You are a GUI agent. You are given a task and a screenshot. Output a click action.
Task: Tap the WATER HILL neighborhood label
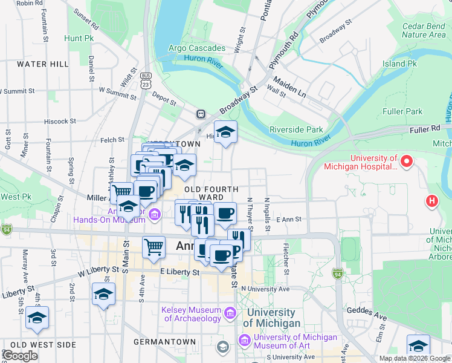click(43, 64)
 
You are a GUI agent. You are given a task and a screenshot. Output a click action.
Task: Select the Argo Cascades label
click(196, 48)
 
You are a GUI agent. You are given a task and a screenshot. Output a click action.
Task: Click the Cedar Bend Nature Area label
click(424, 30)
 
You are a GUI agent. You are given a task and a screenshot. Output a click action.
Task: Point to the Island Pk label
click(399, 64)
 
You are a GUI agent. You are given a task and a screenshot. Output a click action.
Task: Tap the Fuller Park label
click(402, 111)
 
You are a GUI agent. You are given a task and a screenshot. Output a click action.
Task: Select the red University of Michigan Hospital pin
click(407, 162)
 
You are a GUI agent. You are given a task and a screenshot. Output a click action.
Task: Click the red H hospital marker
click(432, 200)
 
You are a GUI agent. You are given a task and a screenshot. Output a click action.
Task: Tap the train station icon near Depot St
click(201, 114)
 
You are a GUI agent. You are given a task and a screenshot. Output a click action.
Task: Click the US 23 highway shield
click(145, 80)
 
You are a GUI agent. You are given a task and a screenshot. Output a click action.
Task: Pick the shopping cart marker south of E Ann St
click(153, 246)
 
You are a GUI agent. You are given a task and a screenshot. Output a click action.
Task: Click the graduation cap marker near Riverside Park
click(225, 132)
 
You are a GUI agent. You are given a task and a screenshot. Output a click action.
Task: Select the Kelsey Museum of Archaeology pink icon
click(229, 313)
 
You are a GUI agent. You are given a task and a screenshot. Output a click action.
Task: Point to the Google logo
click(20, 356)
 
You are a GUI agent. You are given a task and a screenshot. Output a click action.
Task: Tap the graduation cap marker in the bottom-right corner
click(418, 345)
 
